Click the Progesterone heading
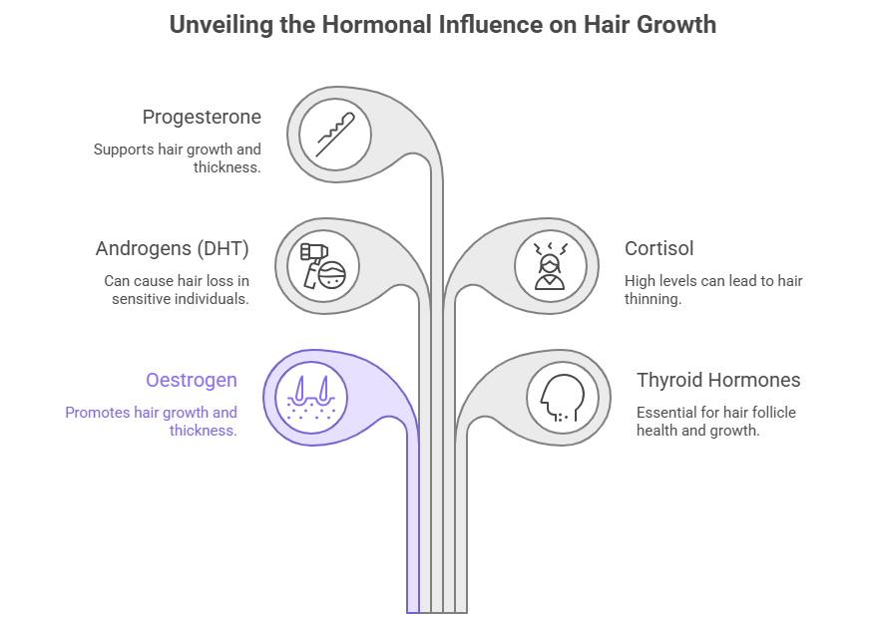tap(202, 117)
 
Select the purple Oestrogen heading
tap(192, 380)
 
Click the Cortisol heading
tap(659, 248)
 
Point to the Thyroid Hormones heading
tap(718, 380)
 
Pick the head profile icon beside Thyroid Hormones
tap(562, 397)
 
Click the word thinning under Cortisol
tap(653, 299)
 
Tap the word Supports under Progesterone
tap(126, 150)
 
